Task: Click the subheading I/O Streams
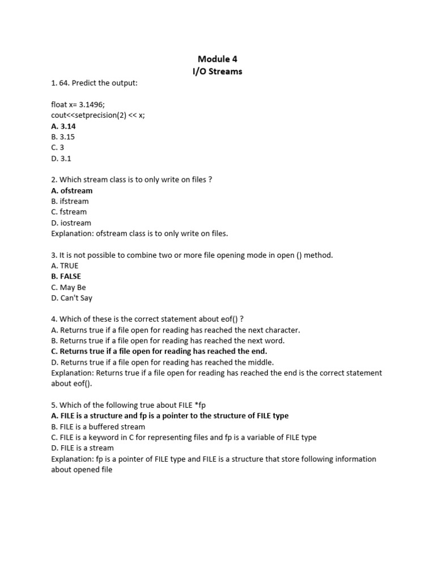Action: [x=217, y=71]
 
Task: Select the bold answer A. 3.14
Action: [x=63, y=126]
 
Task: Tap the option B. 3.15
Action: [x=63, y=137]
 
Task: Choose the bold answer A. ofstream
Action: [x=72, y=190]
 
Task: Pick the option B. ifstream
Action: [x=70, y=201]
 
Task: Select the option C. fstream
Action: [x=69, y=212]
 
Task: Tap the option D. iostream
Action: [x=71, y=223]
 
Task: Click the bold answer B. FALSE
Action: [x=66, y=276]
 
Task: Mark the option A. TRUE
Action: [x=65, y=266]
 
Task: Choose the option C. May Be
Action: [x=69, y=287]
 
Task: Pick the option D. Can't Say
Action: [x=71, y=298]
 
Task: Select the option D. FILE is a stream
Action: [x=82, y=448]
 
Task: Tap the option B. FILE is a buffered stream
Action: [x=98, y=427]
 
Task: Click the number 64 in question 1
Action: [x=64, y=83]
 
